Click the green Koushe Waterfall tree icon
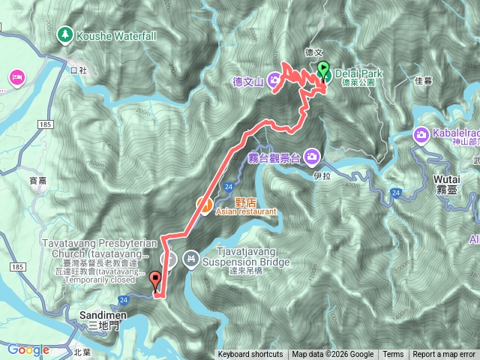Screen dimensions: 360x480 click(66, 34)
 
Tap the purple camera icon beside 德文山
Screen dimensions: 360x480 click(275, 79)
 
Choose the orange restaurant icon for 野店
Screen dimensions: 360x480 click(202, 202)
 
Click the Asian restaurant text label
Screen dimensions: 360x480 click(246, 212)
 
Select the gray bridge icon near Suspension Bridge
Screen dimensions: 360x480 click(191, 259)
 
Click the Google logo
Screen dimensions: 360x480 click(28, 349)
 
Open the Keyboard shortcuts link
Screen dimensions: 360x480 click(250, 355)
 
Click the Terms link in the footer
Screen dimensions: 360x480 click(393, 355)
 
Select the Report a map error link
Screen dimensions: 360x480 click(445, 355)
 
